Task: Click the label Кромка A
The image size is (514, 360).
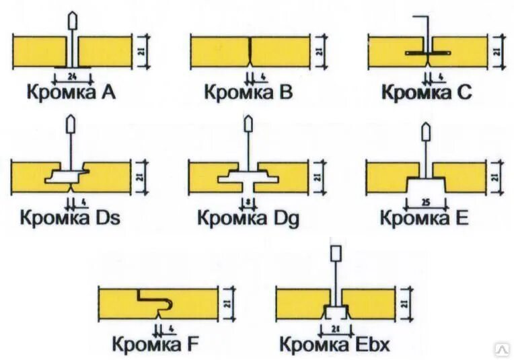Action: pyautogui.click(x=71, y=92)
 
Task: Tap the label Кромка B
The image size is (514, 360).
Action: pyautogui.click(x=249, y=92)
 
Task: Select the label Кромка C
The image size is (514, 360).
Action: pyautogui.click(x=427, y=92)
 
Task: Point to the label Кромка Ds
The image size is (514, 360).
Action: pyautogui.click(x=70, y=218)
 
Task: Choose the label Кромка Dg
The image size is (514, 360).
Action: pyautogui.click(x=248, y=218)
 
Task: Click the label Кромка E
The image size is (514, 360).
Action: pyautogui.click(x=424, y=218)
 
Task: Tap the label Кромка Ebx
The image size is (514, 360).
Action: pyautogui.click(x=334, y=346)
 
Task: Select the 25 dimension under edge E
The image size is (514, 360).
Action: pyautogui.click(x=425, y=201)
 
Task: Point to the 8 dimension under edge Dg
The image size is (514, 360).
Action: pyautogui.click(x=247, y=201)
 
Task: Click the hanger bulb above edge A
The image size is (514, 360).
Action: pyautogui.click(x=72, y=20)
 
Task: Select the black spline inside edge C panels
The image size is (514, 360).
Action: pyautogui.click(x=428, y=52)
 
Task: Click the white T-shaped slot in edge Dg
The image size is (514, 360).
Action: pyautogui.click(x=247, y=178)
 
